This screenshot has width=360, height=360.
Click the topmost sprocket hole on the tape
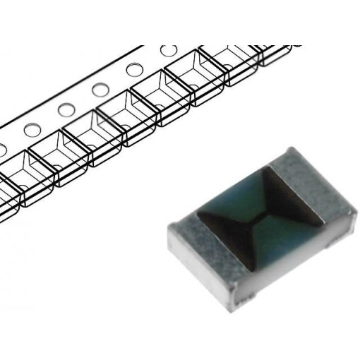pyautogui.click(x=169, y=51)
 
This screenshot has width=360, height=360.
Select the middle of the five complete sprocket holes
pyautogui.click(x=100, y=90)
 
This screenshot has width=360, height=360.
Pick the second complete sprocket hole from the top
pyautogui.click(x=134, y=70)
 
